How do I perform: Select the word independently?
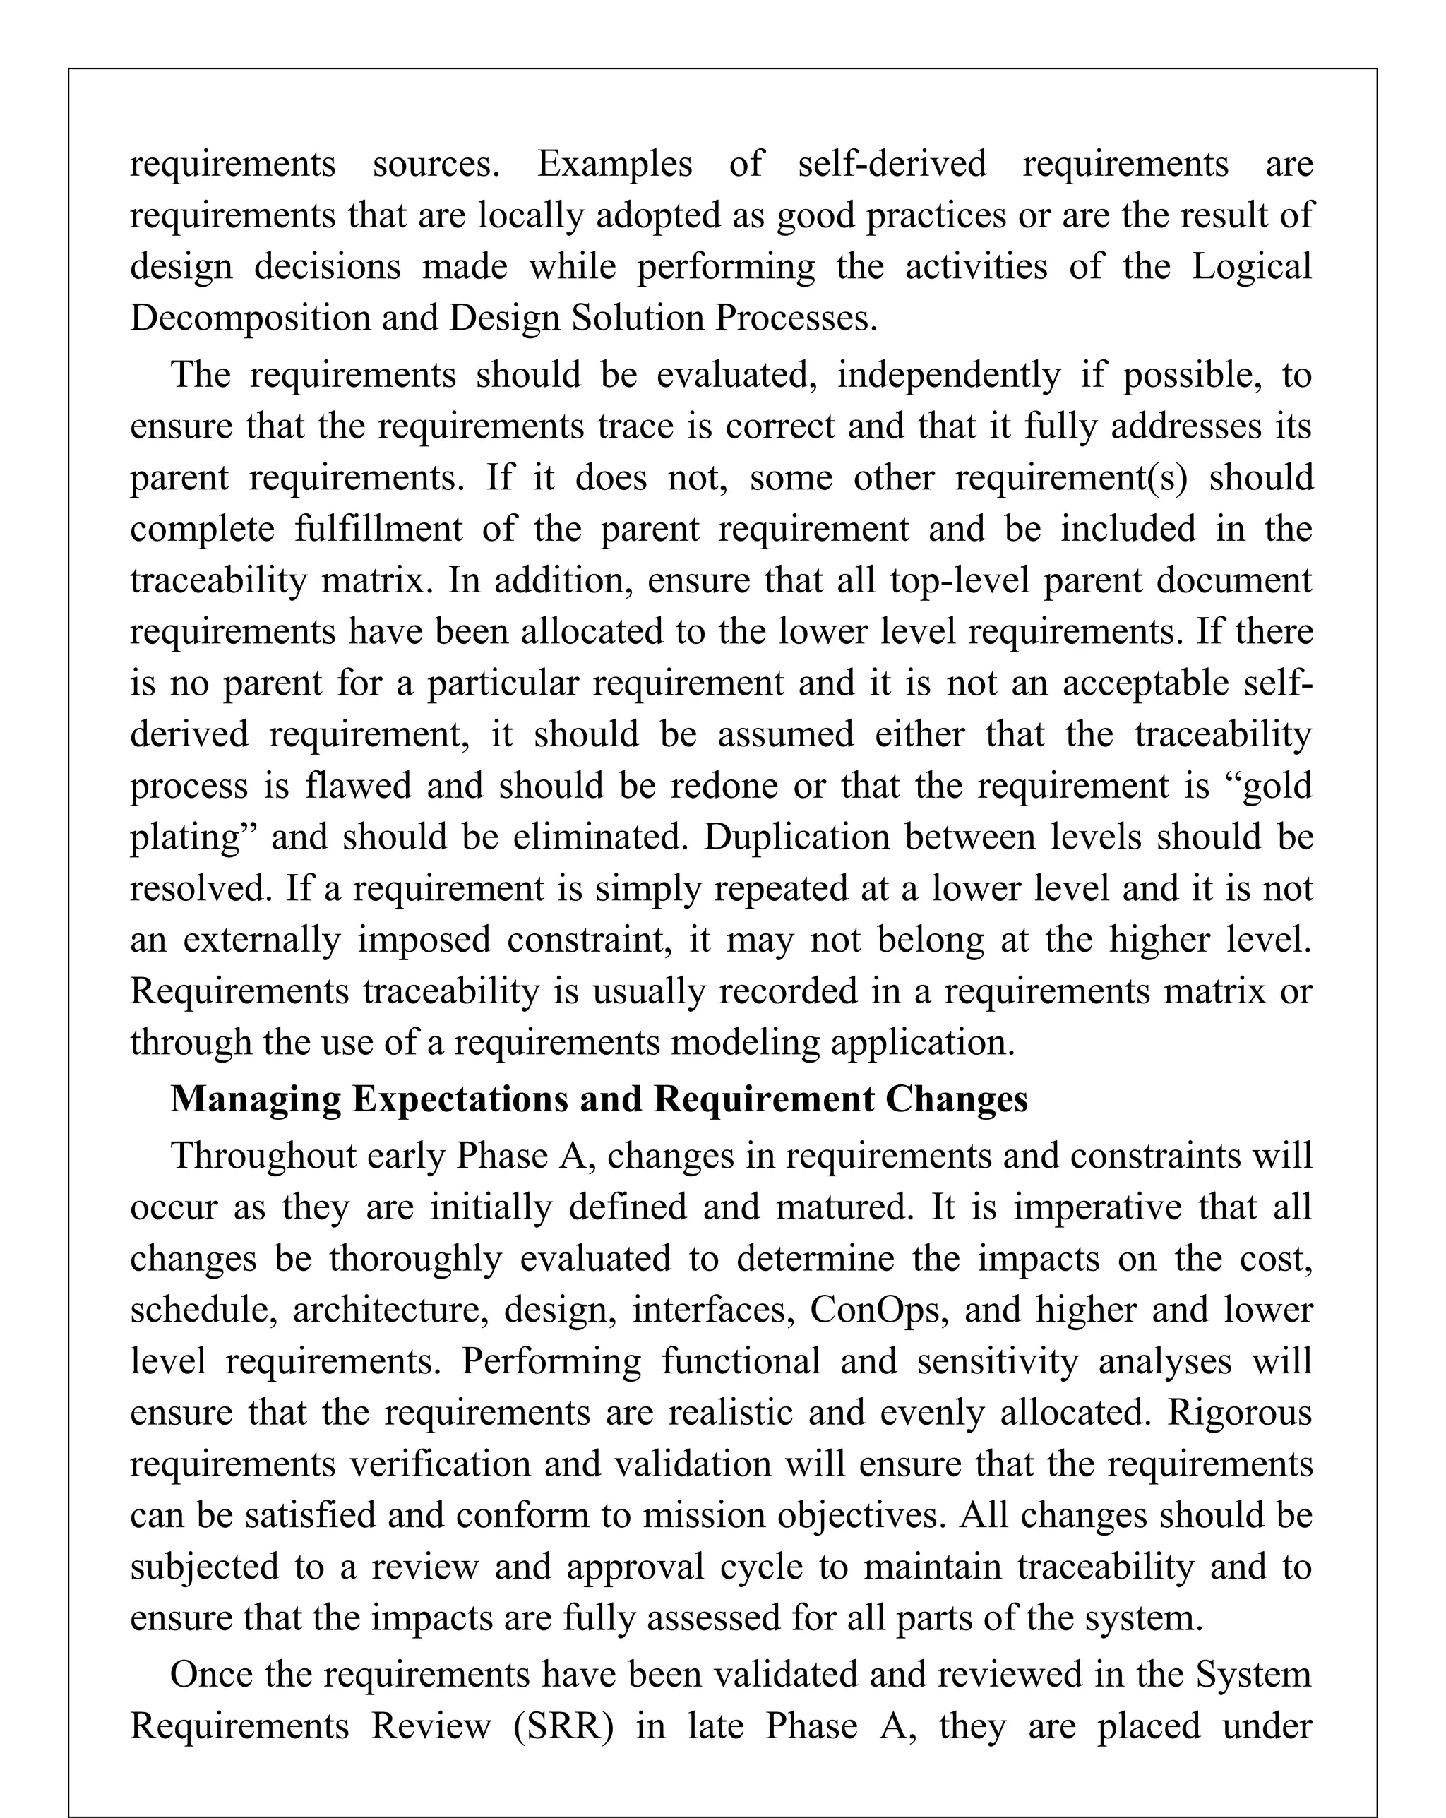point(948,374)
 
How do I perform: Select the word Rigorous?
point(1239,1413)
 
